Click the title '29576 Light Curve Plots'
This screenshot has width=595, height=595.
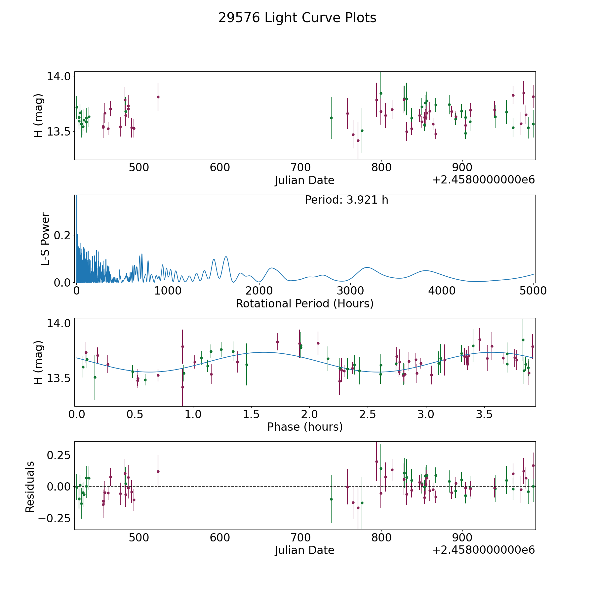pyautogui.click(x=297, y=18)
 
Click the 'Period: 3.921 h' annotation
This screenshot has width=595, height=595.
pyautogui.click(x=346, y=200)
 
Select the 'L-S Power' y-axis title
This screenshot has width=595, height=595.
pyautogui.click(x=46, y=239)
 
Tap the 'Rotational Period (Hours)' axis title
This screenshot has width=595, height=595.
pyautogui.click(x=304, y=303)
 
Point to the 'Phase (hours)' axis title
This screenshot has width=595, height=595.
pyautogui.click(x=305, y=427)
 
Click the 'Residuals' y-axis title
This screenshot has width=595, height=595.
pyautogui.click(x=30, y=487)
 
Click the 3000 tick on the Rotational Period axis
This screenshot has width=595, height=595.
pyautogui.click(x=350, y=291)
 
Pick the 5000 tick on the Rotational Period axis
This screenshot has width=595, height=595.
pyautogui.click(x=533, y=291)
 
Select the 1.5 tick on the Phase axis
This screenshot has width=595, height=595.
pyautogui.click(x=252, y=414)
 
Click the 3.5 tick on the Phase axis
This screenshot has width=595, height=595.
pyautogui.click(x=484, y=414)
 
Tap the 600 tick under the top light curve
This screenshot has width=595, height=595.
pyautogui.click(x=220, y=168)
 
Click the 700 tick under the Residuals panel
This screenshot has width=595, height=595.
pyautogui.click(x=301, y=538)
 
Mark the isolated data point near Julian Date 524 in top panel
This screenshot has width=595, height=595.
pyautogui.click(x=158, y=97)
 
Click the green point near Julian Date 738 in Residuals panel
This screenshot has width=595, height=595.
pyautogui.click(x=331, y=499)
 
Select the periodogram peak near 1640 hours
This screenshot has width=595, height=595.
pyautogui.click(x=226, y=257)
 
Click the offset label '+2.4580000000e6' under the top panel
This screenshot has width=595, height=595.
pyautogui.click(x=483, y=180)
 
